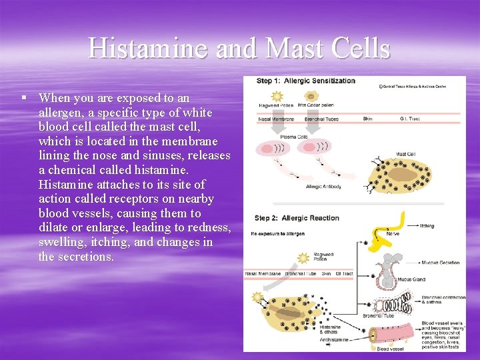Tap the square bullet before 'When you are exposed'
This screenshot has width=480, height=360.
pyautogui.click(x=24, y=97)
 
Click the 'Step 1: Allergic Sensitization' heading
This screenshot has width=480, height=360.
pyautogui.click(x=306, y=81)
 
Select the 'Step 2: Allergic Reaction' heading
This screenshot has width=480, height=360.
pyautogui.click(x=298, y=218)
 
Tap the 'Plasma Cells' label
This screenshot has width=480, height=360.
pyautogui.click(x=293, y=136)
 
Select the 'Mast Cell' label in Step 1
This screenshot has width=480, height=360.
pyautogui.click(x=406, y=155)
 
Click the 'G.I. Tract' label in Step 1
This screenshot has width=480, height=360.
pyautogui.click(x=410, y=119)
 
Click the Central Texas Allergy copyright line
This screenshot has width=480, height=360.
pyautogui.click(x=422, y=86)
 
